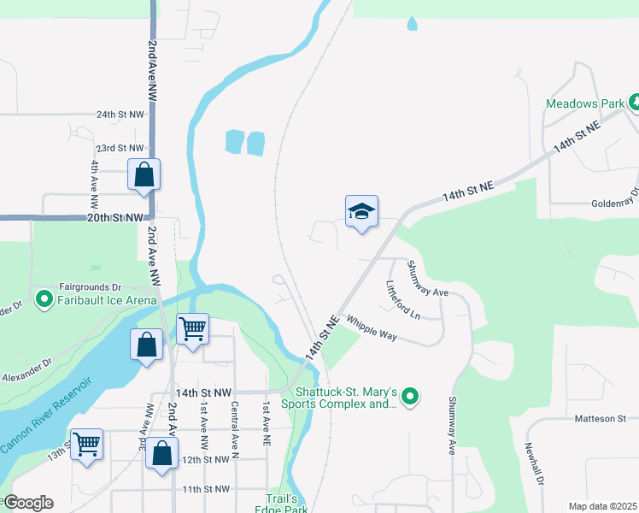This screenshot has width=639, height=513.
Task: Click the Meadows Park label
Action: click(586, 103)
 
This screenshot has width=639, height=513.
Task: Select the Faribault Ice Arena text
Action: click(107, 300)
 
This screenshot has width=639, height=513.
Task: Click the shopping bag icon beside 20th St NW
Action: click(144, 174)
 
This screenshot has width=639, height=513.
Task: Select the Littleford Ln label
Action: click(403, 300)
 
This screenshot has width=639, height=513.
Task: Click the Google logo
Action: click(27, 503)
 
